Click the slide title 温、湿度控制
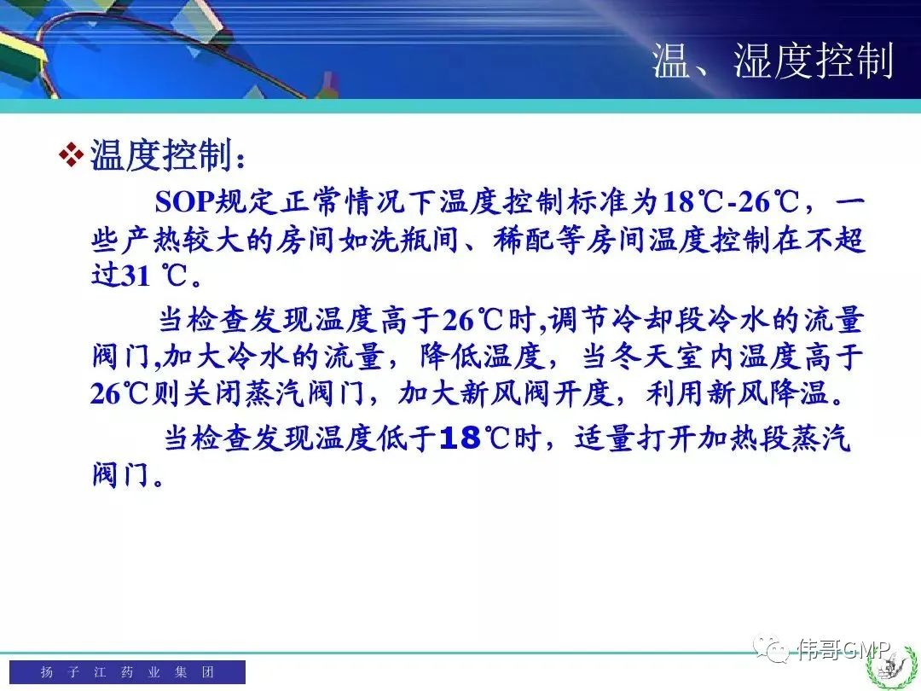click(x=773, y=61)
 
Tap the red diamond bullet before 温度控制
click(x=72, y=155)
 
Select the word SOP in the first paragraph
click(x=184, y=201)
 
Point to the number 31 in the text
click(x=136, y=275)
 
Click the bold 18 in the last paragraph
click(x=460, y=438)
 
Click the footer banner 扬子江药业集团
click(x=127, y=671)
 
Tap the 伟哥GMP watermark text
click(x=844, y=649)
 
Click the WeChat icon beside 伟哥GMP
click(x=771, y=648)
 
